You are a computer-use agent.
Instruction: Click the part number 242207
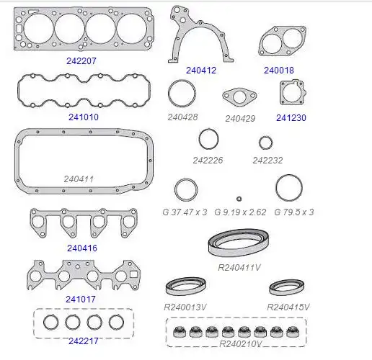click(x=81, y=61)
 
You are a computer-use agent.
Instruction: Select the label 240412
click(x=201, y=71)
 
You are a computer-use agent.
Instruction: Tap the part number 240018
click(x=279, y=71)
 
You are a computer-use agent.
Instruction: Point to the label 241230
click(x=291, y=118)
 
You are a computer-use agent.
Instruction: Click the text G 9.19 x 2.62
click(x=240, y=212)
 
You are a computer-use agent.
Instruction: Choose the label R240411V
click(x=239, y=267)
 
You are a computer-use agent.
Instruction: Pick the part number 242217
click(x=84, y=341)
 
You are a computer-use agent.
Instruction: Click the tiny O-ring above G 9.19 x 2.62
click(x=239, y=199)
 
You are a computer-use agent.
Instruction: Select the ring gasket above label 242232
click(x=265, y=143)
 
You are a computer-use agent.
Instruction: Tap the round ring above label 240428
click(x=182, y=81)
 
